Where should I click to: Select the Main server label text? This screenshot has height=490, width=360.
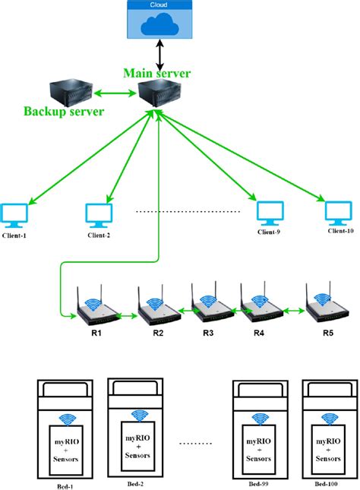pos(157,74)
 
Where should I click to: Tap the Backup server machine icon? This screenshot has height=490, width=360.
pos(69,94)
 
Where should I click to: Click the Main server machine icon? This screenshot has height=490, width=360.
pos(157,95)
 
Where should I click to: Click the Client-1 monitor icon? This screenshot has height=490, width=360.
pos(15,213)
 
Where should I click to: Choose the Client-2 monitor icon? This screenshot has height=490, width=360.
pos(99,213)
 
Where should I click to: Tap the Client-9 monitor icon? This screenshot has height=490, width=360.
pos(268,211)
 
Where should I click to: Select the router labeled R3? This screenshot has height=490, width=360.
pos(207,308)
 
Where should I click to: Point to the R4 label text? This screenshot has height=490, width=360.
pos(259,332)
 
